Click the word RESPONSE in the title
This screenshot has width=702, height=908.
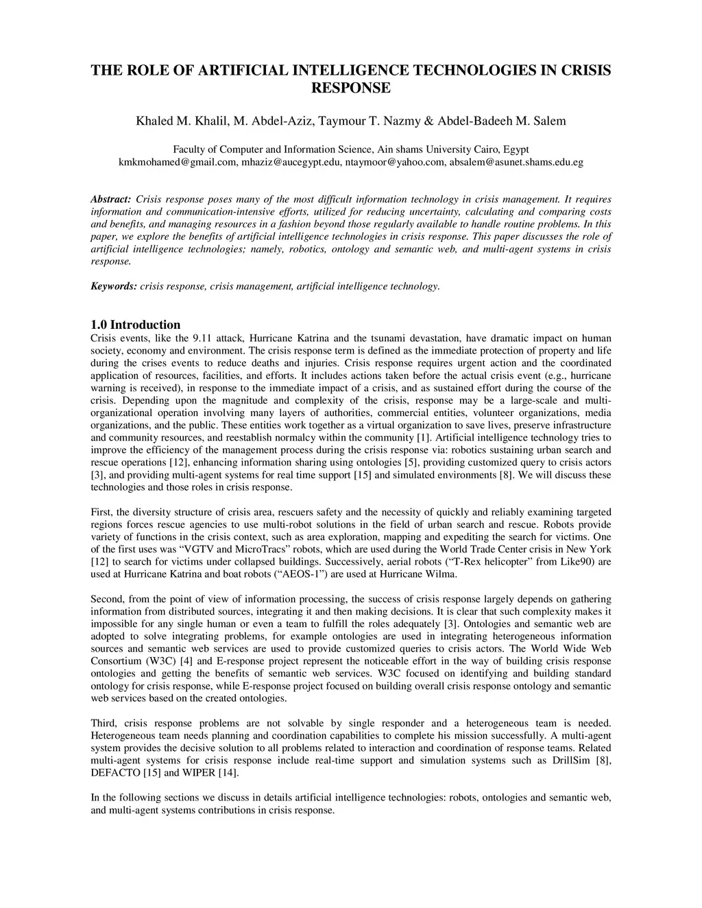click(x=351, y=88)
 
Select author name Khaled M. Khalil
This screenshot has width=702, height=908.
click(x=182, y=121)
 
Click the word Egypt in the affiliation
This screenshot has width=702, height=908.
click(x=516, y=149)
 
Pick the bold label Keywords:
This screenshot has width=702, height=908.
click(x=114, y=286)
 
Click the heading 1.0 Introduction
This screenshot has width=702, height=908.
click(x=136, y=325)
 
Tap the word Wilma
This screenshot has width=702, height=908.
click(x=442, y=574)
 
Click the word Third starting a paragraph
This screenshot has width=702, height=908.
click(x=104, y=723)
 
